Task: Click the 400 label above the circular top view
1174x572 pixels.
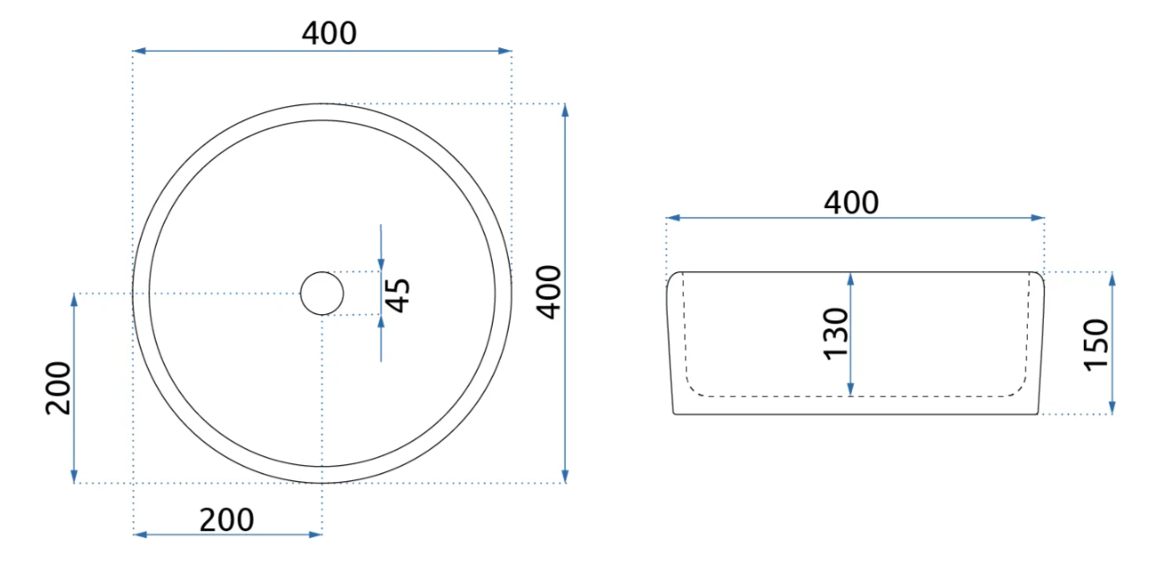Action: click(329, 33)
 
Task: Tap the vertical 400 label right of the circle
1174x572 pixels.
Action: click(549, 293)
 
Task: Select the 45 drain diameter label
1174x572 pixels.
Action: click(398, 295)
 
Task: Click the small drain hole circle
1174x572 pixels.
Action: click(323, 294)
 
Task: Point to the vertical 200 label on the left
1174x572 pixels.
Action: click(58, 388)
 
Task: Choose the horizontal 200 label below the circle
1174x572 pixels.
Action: click(227, 520)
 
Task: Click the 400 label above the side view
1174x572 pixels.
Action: click(851, 203)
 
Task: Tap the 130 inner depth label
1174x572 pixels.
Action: click(836, 334)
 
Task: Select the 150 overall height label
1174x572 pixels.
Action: click(1096, 345)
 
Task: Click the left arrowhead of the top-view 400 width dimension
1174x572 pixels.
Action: click(139, 51)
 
